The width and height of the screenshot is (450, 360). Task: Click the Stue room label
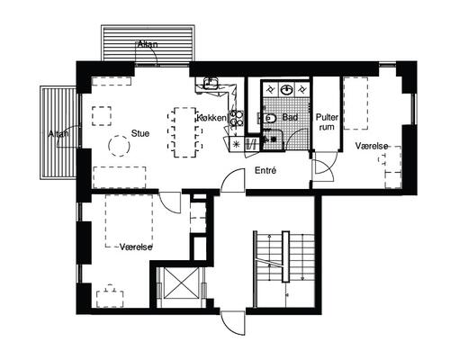(140, 133)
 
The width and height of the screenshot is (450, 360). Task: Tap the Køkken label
(211, 118)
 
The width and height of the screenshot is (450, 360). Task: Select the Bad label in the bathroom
(290, 117)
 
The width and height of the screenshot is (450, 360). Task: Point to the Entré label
(265, 171)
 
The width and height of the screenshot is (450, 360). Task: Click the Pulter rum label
(327, 122)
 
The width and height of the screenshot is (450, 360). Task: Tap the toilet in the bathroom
(270, 118)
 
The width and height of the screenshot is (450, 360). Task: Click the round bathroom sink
(287, 90)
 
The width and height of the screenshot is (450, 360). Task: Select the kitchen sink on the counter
(211, 83)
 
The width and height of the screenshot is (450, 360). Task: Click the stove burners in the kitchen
(236, 119)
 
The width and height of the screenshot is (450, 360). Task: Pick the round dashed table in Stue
(119, 146)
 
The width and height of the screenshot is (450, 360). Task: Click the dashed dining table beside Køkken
(185, 132)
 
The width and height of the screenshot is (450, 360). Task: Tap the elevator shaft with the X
(181, 283)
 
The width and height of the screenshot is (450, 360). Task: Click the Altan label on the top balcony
(148, 44)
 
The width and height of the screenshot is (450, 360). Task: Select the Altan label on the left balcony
(58, 134)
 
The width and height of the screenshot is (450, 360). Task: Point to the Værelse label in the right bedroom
(372, 146)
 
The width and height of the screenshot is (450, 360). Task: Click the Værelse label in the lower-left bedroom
(136, 247)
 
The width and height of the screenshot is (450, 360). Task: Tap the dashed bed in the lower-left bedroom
(130, 220)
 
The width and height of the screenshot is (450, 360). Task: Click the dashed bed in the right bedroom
(355, 103)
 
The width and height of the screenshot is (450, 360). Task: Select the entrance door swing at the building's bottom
(233, 323)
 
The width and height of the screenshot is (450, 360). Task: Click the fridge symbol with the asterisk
(237, 144)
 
